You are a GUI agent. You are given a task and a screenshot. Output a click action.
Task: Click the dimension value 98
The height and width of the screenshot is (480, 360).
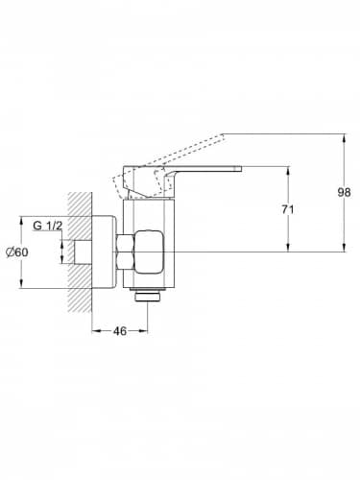click(x=344, y=192)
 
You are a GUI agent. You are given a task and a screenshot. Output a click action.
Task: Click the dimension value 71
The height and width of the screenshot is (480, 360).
click(x=287, y=209)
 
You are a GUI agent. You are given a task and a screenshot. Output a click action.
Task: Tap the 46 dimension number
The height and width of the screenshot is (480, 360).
click(x=120, y=331)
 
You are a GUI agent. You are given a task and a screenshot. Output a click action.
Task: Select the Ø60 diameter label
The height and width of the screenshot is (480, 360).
click(x=16, y=252)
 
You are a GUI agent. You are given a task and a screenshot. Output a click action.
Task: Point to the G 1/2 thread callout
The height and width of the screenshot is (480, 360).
click(x=47, y=226)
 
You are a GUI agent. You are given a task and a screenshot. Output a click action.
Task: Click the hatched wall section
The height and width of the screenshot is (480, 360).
click(x=80, y=252)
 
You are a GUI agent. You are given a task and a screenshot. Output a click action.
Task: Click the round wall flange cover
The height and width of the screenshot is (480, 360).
click(x=104, y=252)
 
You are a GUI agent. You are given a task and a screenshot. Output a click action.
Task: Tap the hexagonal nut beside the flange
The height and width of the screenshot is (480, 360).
click(x=125, y=252)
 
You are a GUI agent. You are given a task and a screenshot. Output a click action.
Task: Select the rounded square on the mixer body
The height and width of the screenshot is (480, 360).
click(x=149, y=252)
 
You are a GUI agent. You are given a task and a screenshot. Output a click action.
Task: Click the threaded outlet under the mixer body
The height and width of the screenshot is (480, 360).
click(x=148, y=295)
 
